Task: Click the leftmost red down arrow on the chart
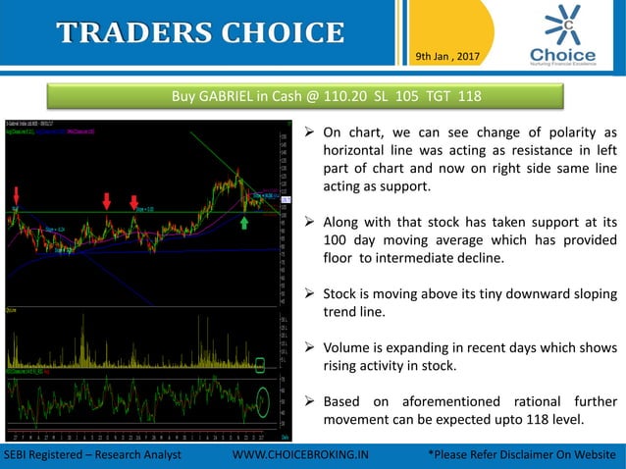[17, 193]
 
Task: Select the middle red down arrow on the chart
[106, 201]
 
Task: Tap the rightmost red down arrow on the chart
[133, 203]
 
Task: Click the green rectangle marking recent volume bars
[260, 365]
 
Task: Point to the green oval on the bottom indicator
[263, 400]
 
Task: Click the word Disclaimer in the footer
[532, 456]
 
